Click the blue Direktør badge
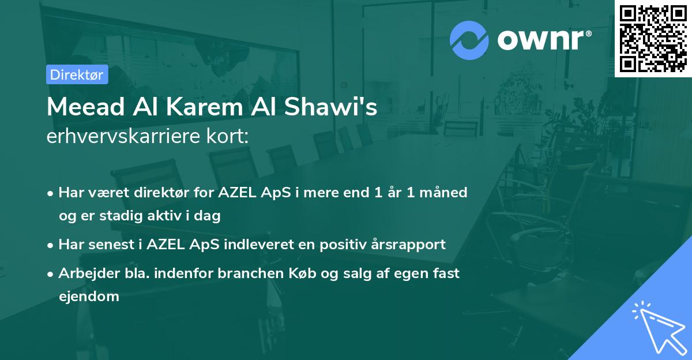[77, 74]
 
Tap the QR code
[653, 38]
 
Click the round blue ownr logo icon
[469, 40]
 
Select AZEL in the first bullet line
[239, 192]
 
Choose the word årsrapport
[409, 245]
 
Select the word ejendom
[89, 297]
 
